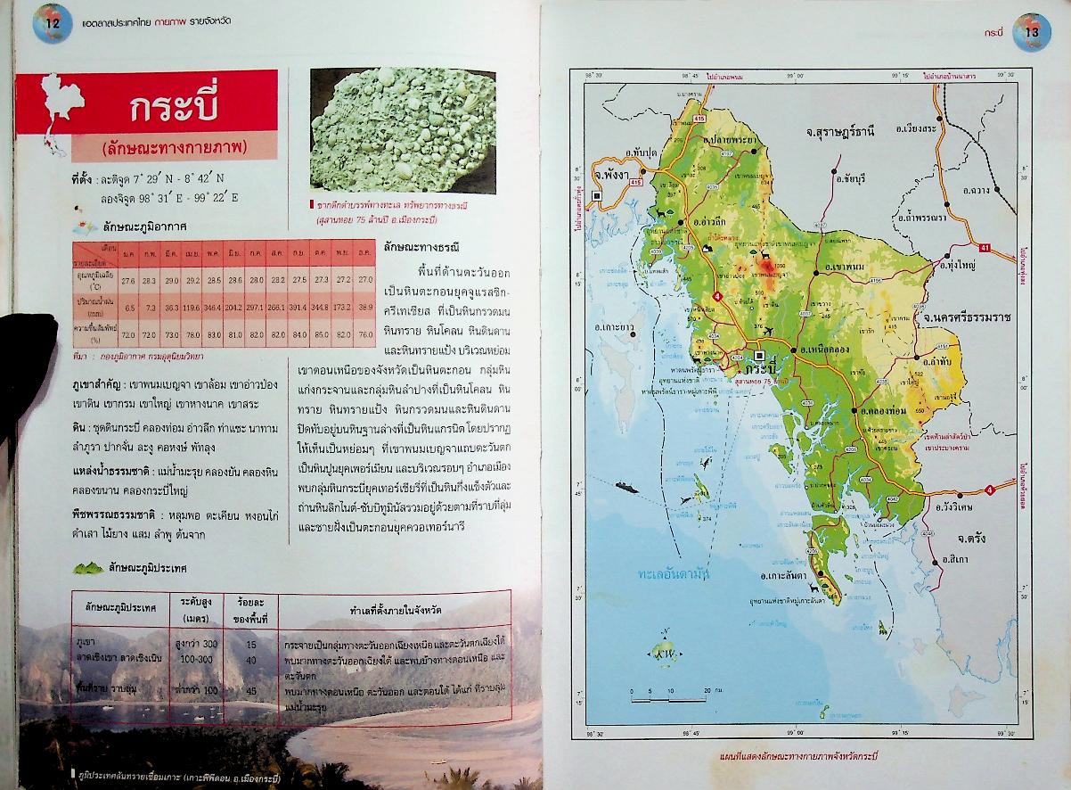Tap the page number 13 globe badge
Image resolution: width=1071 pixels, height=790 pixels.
[x=1032, y=29]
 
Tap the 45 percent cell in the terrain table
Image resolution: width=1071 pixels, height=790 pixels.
[x=251, y=691]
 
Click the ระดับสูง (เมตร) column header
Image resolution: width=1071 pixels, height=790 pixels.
[x=200, y=611]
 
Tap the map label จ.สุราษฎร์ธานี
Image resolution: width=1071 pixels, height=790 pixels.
[x=839, y=131]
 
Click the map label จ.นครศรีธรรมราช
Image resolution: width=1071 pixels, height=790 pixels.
[x=969, y=317]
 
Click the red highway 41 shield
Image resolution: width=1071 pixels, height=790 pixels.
[x=985, y=248]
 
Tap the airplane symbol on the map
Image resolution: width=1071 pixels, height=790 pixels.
[x=768, y=332]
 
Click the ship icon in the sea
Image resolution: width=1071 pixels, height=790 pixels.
[x=630, y=486]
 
